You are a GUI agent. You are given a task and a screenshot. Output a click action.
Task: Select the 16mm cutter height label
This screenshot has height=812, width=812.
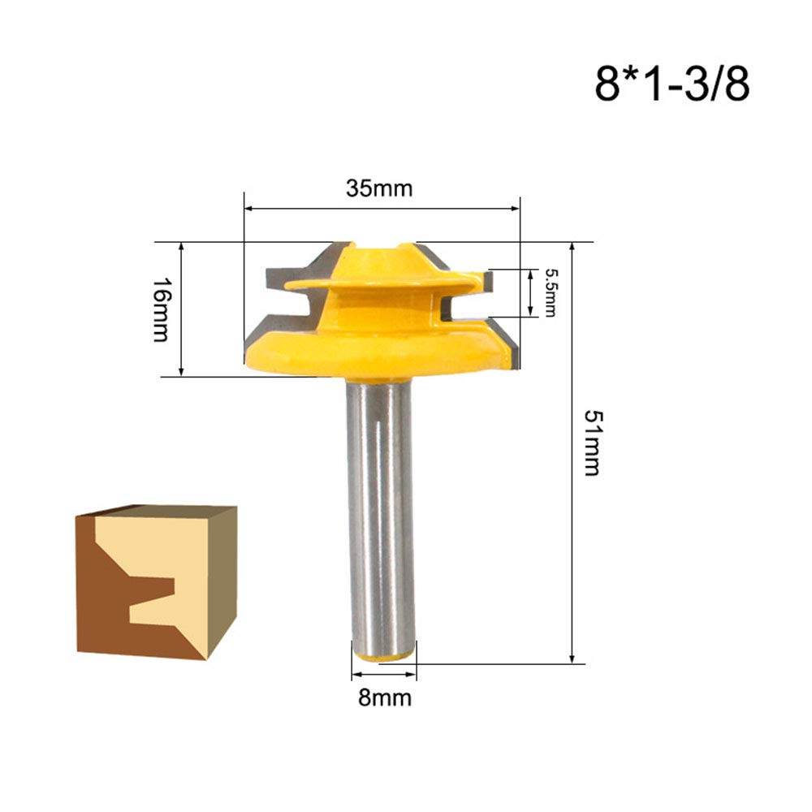click(162, 309)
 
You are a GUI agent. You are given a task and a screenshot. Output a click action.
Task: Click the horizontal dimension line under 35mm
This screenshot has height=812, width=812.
click(382, 209)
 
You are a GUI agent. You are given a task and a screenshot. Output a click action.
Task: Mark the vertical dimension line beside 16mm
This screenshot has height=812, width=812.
click(183, 309)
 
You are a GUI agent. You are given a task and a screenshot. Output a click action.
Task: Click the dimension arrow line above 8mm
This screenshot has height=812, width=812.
click(384, 674)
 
